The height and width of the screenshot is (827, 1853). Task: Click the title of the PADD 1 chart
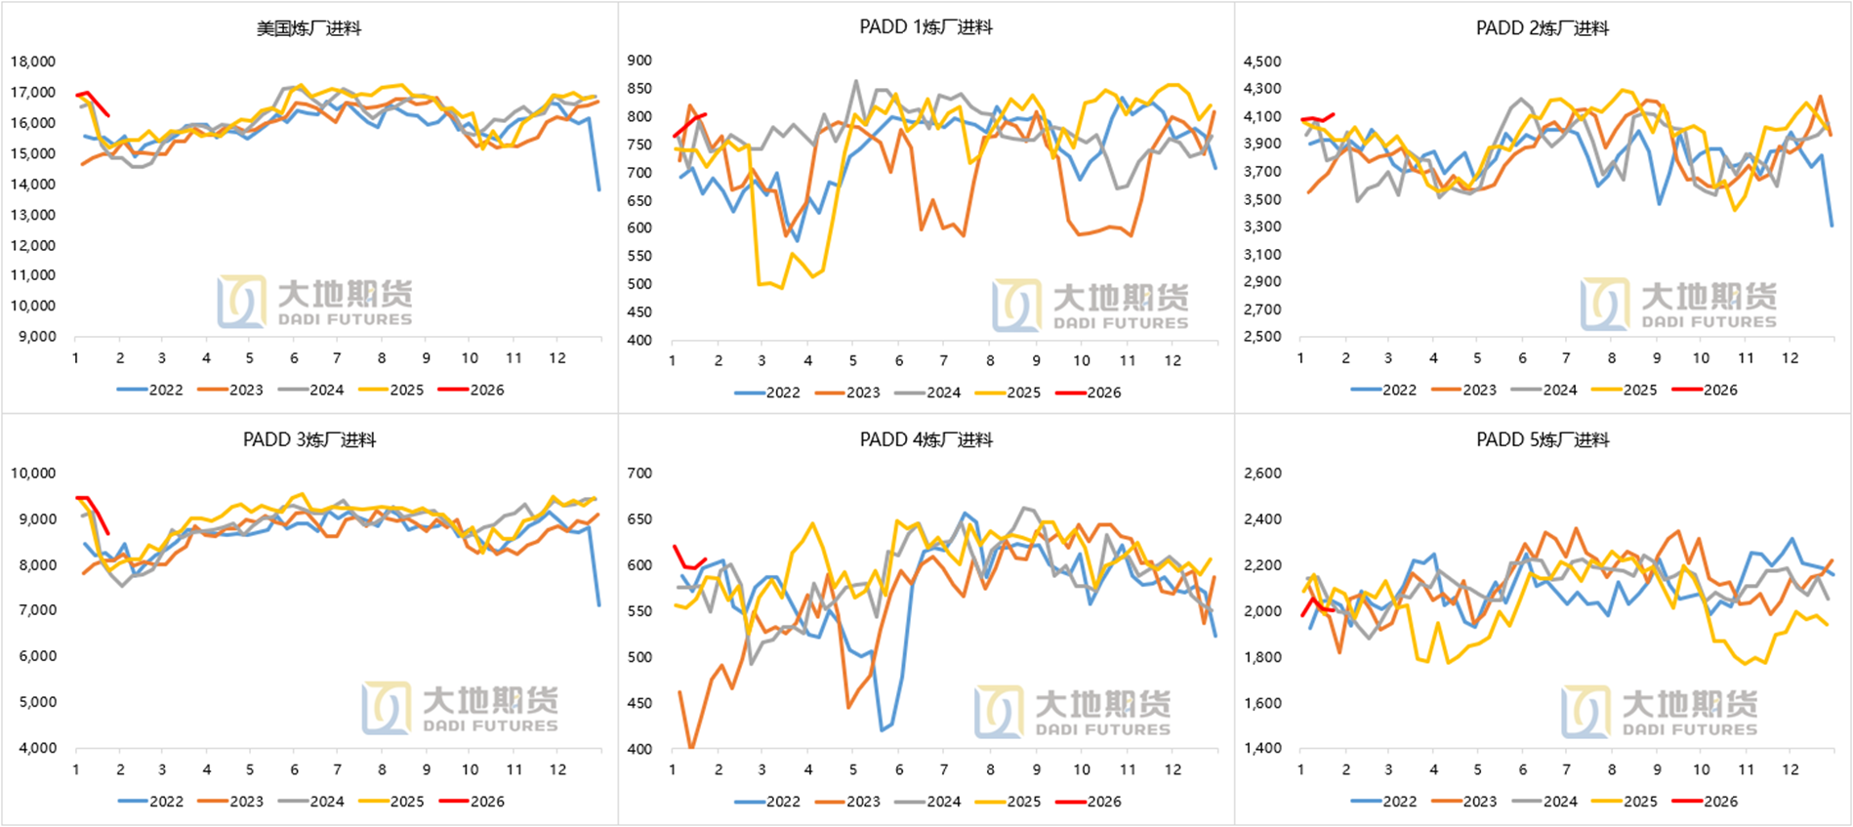click(x=926, y=27)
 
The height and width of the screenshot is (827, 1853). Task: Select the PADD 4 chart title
click(x=926, y=440)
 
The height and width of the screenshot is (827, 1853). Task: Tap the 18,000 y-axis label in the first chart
click(x=33, y=62)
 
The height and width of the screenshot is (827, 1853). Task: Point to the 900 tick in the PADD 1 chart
click(x=639, y=61)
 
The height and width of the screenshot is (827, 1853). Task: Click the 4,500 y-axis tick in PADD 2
click(x=1261, y=62)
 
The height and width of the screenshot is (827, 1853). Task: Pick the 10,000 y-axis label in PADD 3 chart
click(x=33, y=474)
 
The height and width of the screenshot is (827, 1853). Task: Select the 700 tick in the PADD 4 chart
click(x=639, y=474)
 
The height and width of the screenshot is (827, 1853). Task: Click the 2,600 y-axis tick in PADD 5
click(x=1261, y=474)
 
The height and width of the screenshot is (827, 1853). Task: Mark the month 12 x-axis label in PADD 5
click(x=1790, y=769)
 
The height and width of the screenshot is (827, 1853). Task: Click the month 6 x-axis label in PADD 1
click(x=899, y=360)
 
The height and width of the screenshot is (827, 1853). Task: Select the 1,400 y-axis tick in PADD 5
click(x=1261, y=749)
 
